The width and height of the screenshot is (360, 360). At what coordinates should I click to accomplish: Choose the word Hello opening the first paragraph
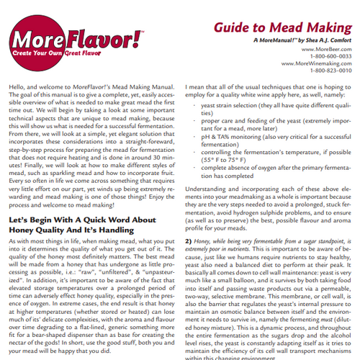(x=18, y=86)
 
